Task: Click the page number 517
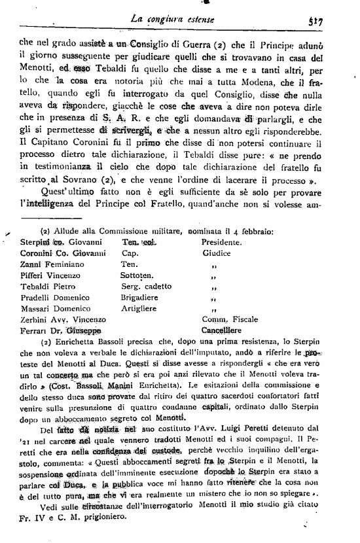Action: (336, 21)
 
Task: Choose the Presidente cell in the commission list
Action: (222, 242)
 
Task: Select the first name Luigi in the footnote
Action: (243, 430)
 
